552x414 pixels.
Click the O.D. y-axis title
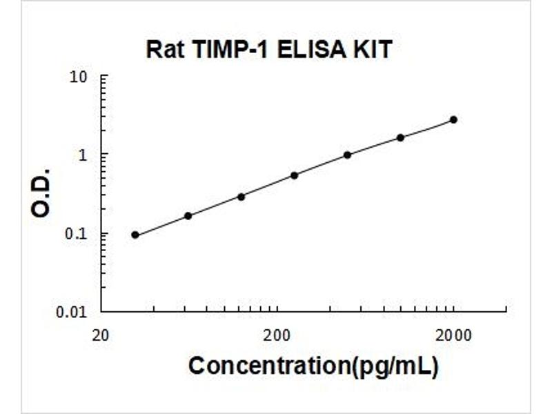coord(42,193)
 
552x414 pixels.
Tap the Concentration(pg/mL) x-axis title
coord(313,366)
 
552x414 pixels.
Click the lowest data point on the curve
coord(135,235)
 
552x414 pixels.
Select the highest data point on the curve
coord(453,119)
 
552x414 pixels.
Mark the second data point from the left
coord(188,216)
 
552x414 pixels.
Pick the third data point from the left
coord(241,197)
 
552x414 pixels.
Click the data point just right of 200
coord(294,175)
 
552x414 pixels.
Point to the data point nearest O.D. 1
coord(347,155)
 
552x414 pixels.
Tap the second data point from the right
coord(400,137)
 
